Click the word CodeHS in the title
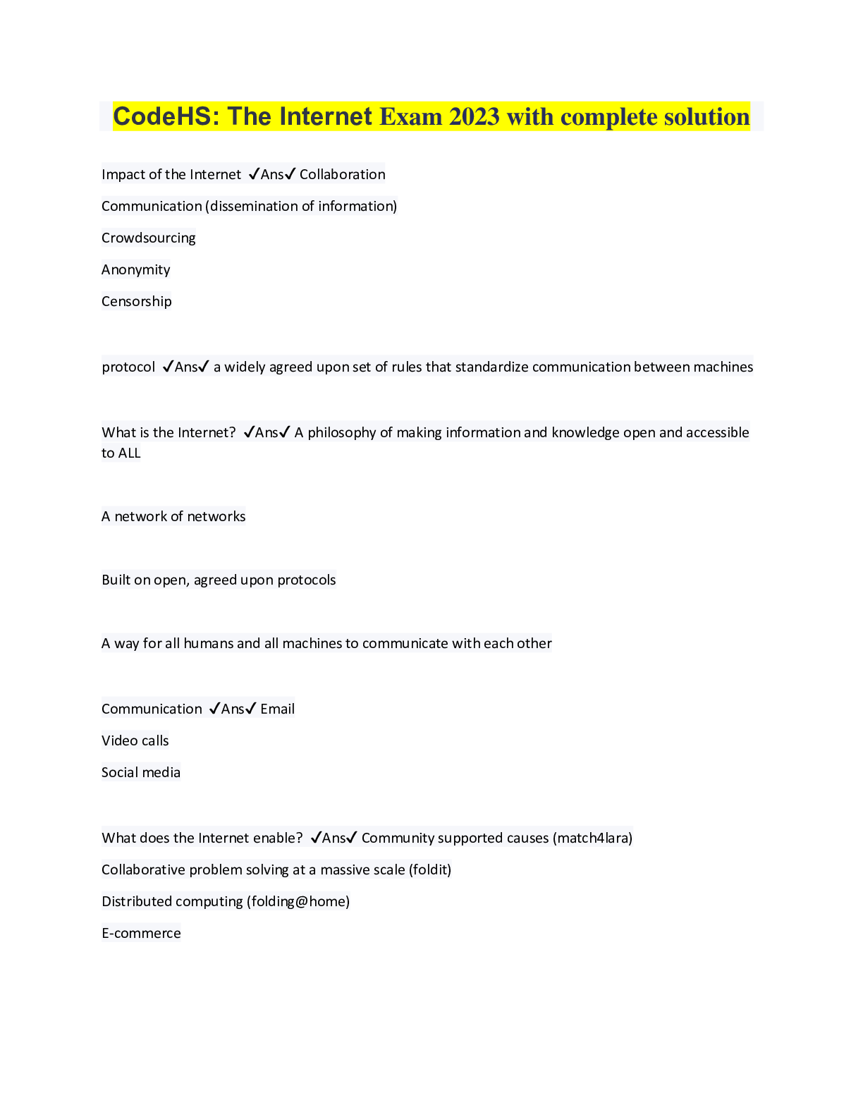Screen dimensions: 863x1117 tap(161, 116)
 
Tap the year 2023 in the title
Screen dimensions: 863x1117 tap(474, 116)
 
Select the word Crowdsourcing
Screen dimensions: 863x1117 tap(149, 238)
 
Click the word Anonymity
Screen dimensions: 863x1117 tap(135, 270)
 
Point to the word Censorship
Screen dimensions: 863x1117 tap(136, 301)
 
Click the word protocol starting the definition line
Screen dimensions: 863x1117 tap(128, 367)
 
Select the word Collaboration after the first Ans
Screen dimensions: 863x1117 tap(343, 175)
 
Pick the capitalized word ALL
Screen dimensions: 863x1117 tap(129, 453)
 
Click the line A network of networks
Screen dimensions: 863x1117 tap(173, 516)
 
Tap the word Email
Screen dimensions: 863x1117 tap(278, 709)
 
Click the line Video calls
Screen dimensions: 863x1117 tap(135, 740)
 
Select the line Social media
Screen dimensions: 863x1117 tap(141, 773)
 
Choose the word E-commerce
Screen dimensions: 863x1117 tap(141, 934)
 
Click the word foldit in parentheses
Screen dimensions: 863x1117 tap(429, 869)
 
